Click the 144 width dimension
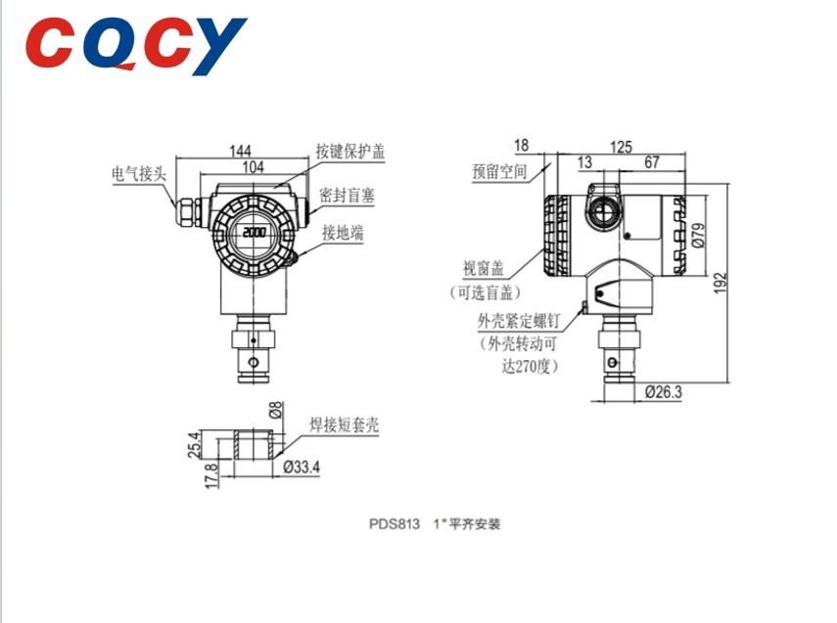click(x=240, y=151)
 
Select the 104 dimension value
click(x=253, y=167)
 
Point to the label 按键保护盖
click(x=350, y=152)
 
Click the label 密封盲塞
click(x=348, y=196)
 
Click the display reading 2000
click(x=254, y=234)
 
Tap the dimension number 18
click(x=521, y=146)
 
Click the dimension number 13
click(x=585, y=163)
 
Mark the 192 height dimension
click(x=721, y=283)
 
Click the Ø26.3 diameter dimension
click(x=664, y=392)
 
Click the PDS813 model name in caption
click(x=392, y=524)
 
